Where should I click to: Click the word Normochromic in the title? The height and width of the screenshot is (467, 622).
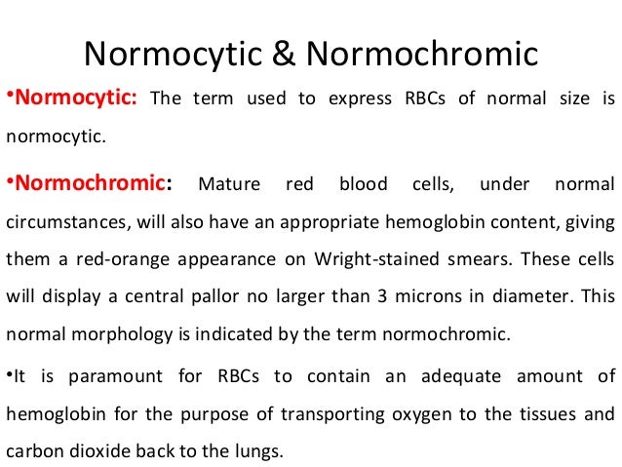point(422,55)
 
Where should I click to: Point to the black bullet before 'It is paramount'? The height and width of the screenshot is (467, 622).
point(9,376)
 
